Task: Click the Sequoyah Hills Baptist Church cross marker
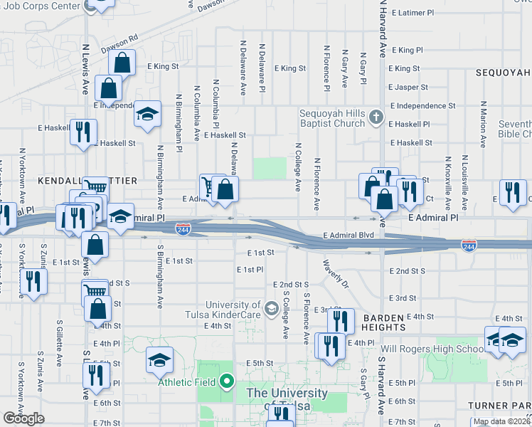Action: (x=376, y=117)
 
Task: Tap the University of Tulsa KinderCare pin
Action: (x=270, y=308)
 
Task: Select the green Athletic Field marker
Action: (x=227, y=382)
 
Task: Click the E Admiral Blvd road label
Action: (x=348, y=235)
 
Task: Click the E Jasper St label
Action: (x=408, y=88)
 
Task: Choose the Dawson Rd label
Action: (x=119, y=45)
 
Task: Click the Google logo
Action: (x=23, y=418)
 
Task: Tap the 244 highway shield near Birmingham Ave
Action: (x=183, y=228)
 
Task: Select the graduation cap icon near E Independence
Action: (x=147, y=115)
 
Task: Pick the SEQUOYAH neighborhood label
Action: (x=504, y=73)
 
